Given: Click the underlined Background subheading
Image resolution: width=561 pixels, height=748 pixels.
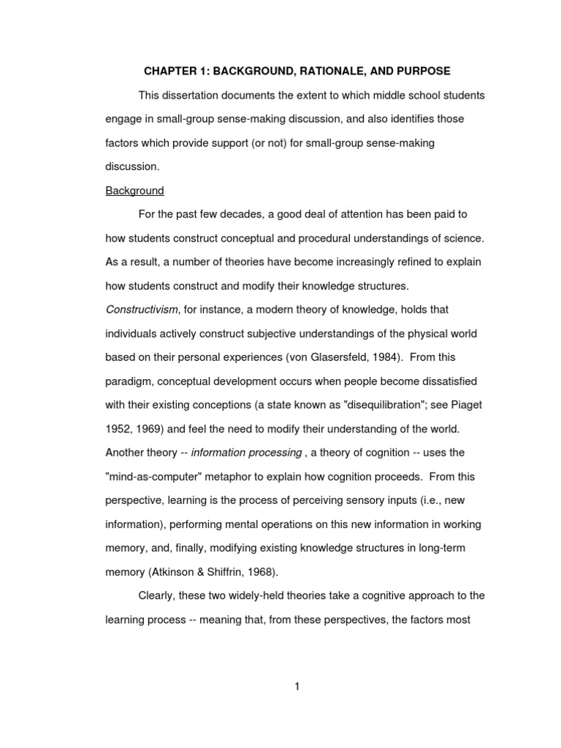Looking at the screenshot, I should pos(134,191).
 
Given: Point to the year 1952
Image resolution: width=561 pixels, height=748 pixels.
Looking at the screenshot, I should pos(118,429).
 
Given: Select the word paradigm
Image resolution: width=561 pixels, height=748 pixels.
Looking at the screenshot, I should pos(130,381).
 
